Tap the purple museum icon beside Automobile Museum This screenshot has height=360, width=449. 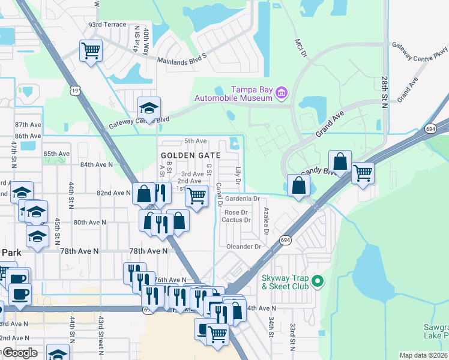pos(282,92)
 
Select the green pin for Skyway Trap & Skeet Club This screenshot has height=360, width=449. pos(319,280)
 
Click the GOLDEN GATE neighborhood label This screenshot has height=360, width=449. pos(191,155)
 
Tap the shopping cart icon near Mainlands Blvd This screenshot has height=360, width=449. pos(91,51)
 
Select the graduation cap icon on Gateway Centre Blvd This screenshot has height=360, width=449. pos(149,108)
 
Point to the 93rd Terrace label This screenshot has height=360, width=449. pos(107,25)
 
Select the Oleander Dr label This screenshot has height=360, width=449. pos(244,247)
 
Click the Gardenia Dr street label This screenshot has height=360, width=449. pos(241,198)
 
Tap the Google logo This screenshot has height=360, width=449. pos(19,353)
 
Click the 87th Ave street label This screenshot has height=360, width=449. pos(28,124)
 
